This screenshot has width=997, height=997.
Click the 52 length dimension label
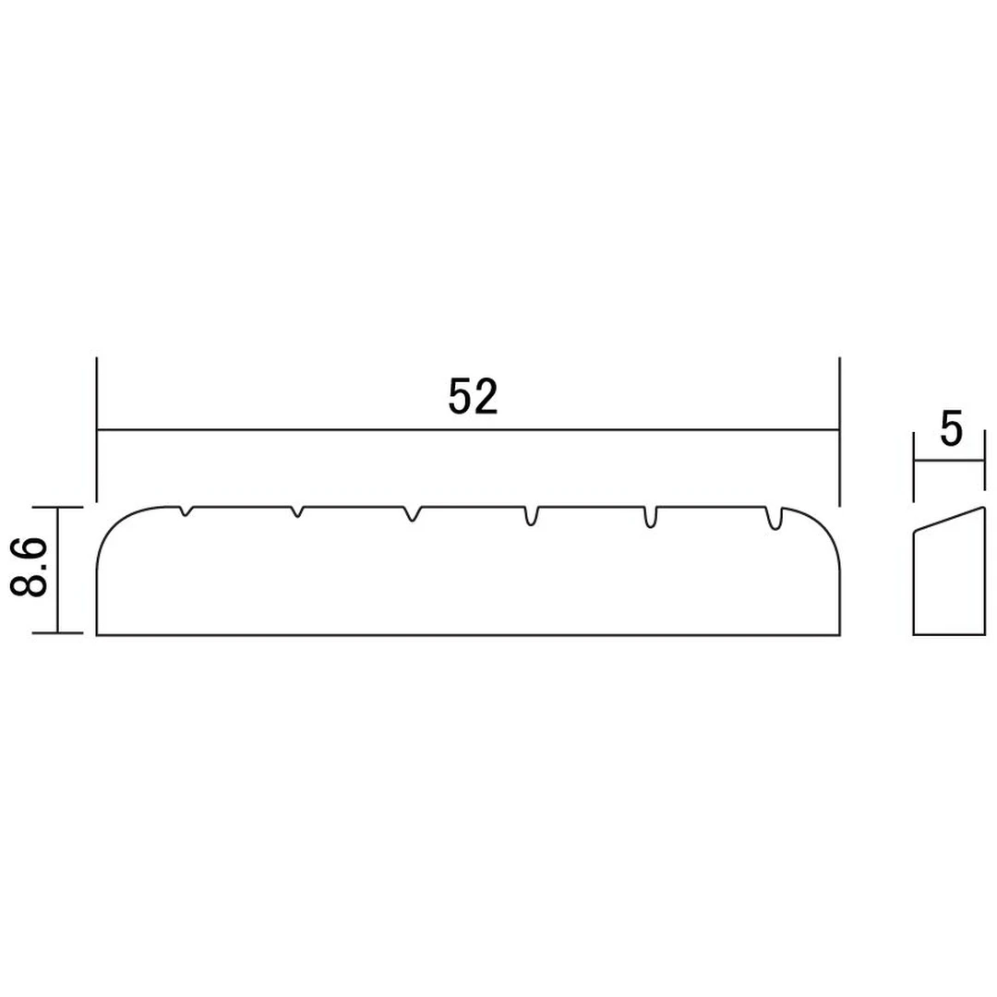473,397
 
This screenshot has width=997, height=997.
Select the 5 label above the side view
951,430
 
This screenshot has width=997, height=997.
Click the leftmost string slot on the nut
187,511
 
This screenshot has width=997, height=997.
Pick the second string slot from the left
297,511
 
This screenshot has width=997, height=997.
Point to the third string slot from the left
412,513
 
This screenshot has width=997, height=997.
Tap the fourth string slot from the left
532,516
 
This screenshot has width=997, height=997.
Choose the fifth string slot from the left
650,517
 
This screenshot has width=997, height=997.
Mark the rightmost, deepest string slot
775,520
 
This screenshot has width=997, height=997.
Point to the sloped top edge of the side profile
948,518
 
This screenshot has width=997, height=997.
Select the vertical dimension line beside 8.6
58,570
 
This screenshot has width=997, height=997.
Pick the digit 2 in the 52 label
486,397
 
